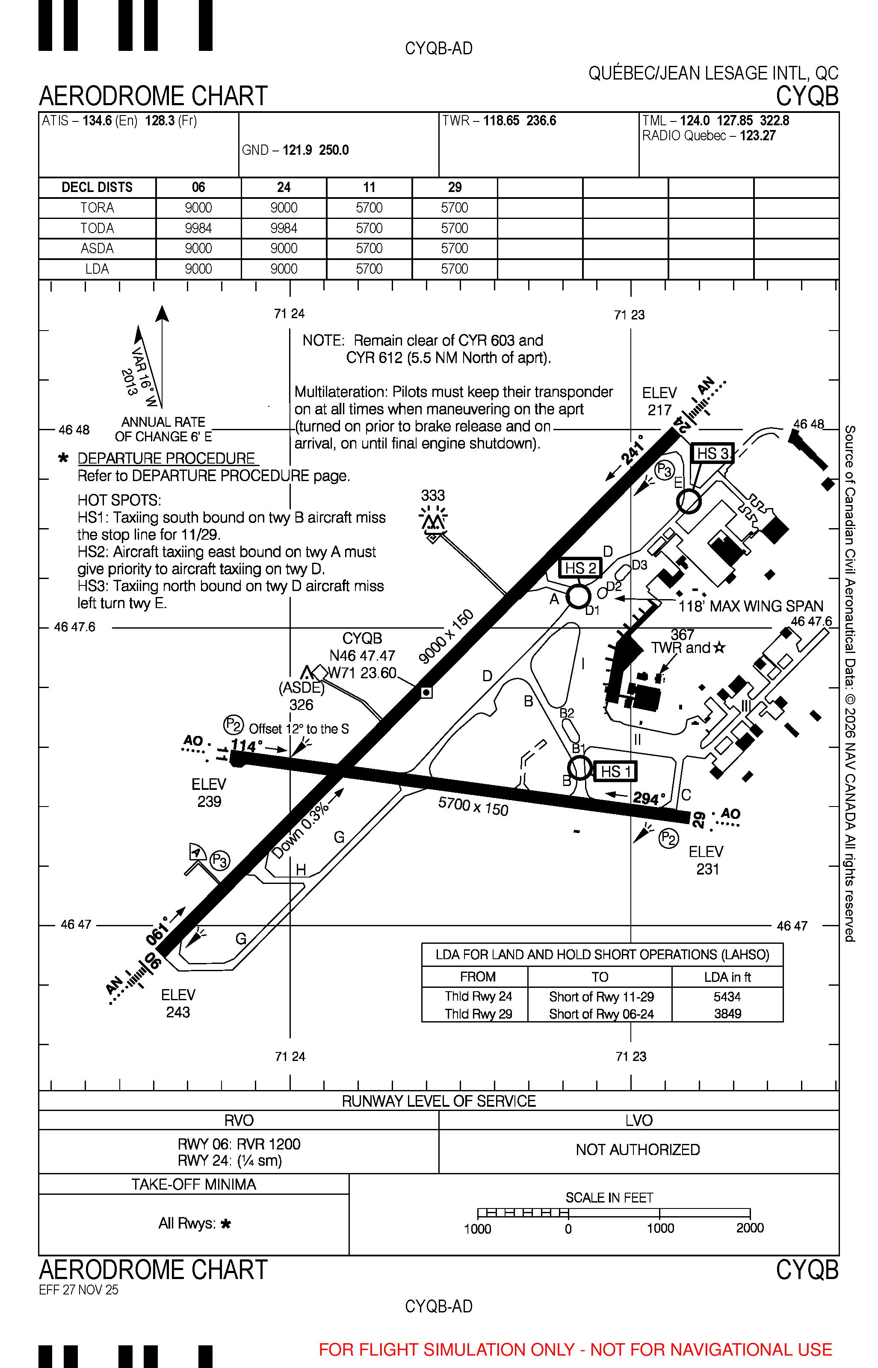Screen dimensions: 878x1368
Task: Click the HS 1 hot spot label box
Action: pos(615,771)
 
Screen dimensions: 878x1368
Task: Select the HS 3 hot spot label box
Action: pos(712,453)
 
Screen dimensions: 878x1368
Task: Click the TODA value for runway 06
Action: pos(198,228)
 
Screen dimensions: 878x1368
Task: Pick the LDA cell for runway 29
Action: pos(454,269)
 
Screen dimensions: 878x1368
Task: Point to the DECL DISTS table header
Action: pos(97,187)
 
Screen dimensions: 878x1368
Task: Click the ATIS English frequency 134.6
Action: pos(98,121)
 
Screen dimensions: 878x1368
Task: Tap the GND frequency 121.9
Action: pos(298,150)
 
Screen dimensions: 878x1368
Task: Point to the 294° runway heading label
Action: pos(649,798)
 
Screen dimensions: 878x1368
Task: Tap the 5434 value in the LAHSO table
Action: pos(727,996)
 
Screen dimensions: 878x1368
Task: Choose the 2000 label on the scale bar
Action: pos(750,1228)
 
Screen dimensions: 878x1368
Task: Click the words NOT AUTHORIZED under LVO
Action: pos(638,1149)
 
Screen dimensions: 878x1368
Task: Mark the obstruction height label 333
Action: pos(433,495)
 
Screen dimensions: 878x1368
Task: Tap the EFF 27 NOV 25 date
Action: pos(79,1290)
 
